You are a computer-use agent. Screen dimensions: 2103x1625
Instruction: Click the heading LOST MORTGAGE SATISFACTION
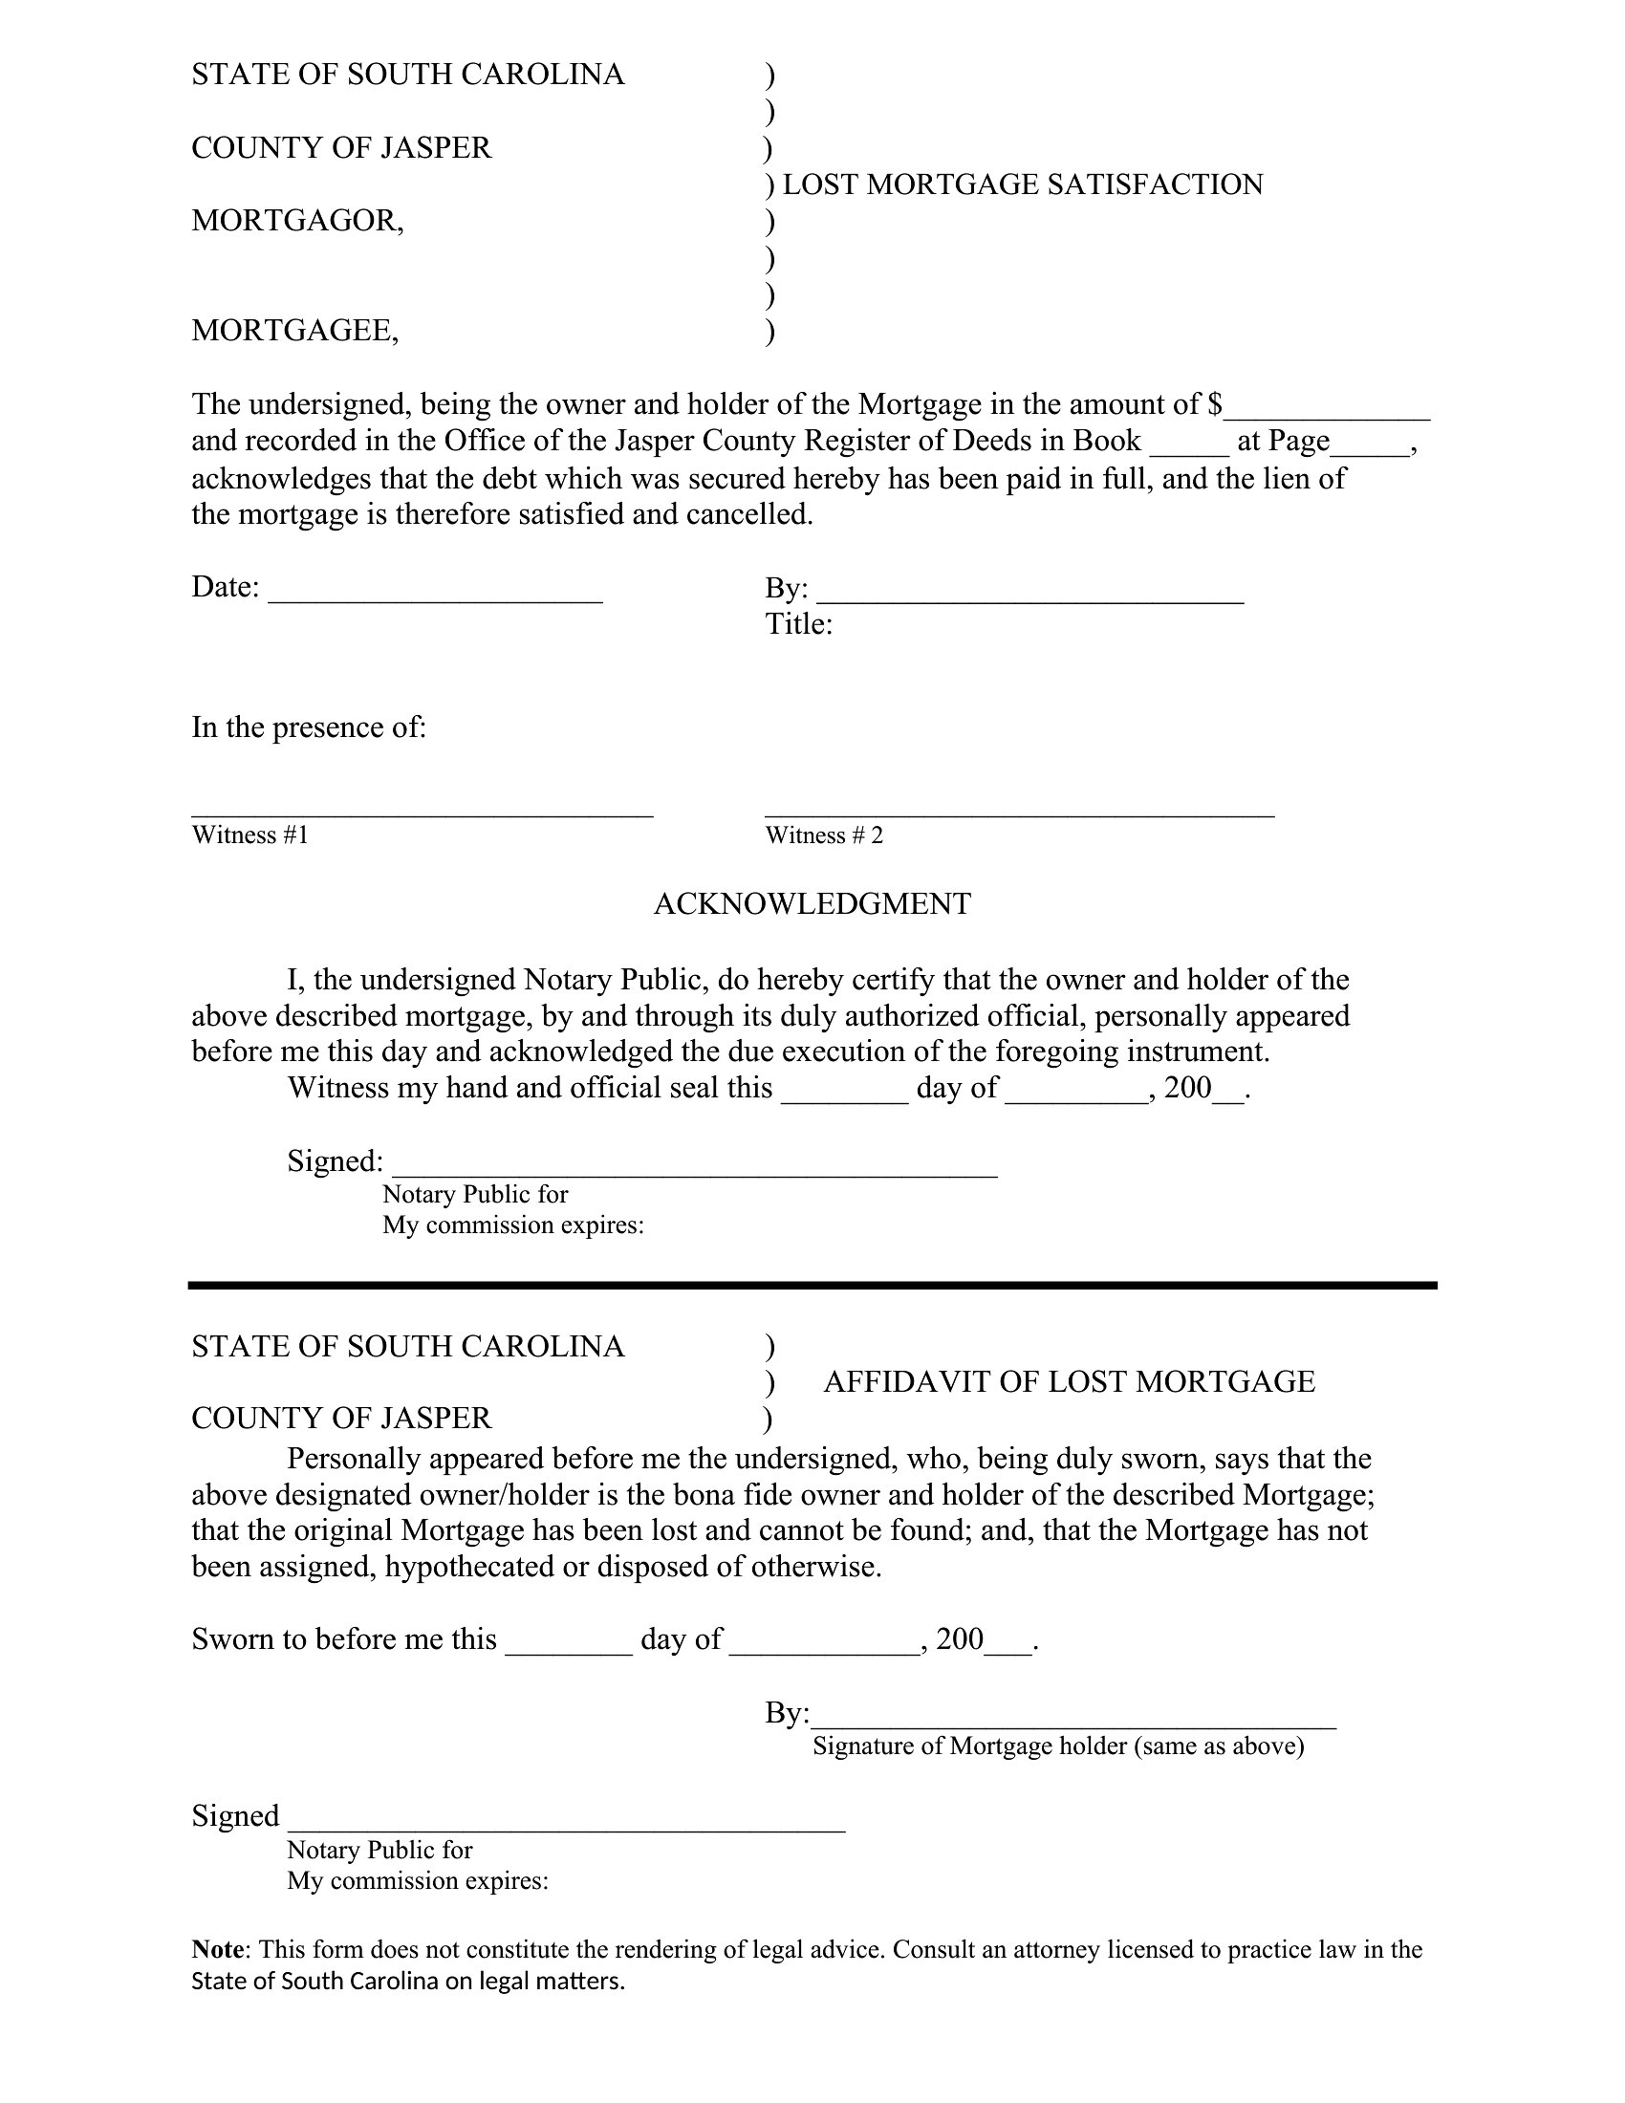pos(1023,184)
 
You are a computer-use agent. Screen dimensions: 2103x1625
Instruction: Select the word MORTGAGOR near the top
pos(296,222)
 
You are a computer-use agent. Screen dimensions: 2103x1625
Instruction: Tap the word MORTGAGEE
pos(294,332)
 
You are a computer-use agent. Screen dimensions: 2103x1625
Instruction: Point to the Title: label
pos(798,625)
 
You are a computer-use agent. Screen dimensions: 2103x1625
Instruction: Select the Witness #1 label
pos(250,835)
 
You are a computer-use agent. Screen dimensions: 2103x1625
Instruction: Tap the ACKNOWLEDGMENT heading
pos(812,904)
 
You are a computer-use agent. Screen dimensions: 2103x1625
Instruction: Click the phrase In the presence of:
pos(308,727)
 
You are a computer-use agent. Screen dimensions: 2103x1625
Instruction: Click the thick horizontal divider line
pos(812,1285)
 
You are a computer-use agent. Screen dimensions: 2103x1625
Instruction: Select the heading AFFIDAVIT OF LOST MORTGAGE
pos(1069,1382)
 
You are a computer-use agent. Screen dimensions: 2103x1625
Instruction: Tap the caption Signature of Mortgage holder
pos(1058,1745)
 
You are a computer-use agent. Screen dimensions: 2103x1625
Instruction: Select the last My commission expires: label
pos(417,1880)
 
